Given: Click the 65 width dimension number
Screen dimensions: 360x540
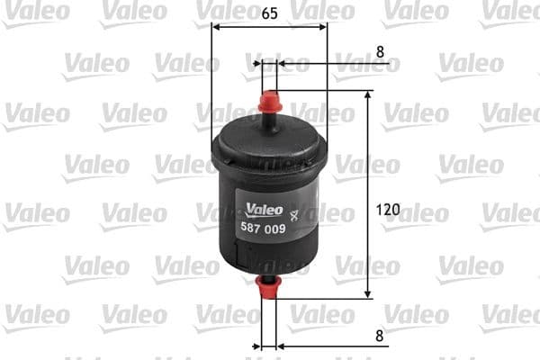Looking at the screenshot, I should [x=269, y=13].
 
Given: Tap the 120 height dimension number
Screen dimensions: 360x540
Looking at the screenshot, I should [x=389, y=210].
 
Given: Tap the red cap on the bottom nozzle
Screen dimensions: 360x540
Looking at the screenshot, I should [x=268, y=289].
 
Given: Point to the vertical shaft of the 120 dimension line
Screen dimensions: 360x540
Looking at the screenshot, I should [x=368, y=162].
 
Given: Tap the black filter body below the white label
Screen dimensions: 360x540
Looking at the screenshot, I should [x=268, y=256].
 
